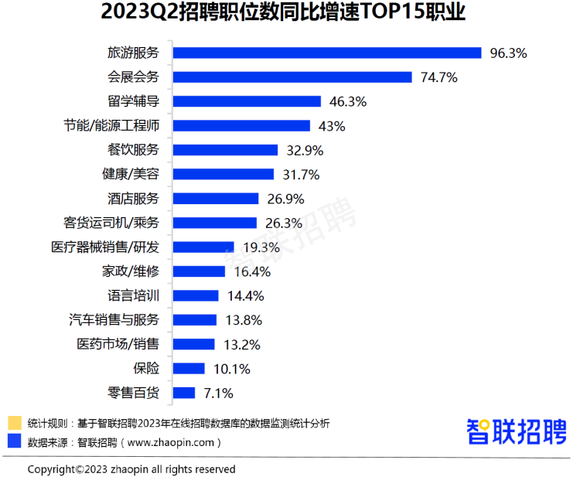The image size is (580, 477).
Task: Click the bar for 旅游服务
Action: point(327,53)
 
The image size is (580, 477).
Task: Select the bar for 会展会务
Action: point(292,77)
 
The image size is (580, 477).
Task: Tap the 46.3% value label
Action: point(347,101)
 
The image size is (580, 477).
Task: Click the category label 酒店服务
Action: point(133,198)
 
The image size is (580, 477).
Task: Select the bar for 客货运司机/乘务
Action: point(214,223)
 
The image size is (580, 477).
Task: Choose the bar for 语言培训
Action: point(196,295)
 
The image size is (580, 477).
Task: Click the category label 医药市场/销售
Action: point(118,344)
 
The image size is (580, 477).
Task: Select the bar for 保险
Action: point(189,368)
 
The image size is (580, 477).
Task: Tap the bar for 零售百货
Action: point(184,393)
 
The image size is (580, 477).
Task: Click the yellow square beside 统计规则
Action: point(14,423)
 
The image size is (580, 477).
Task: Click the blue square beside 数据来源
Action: point(14,442)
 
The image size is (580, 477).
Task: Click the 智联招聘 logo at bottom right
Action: point(516,431)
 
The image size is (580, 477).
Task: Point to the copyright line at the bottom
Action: point(131,469)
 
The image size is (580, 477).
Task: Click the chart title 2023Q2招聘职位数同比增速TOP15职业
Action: point(289,15)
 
